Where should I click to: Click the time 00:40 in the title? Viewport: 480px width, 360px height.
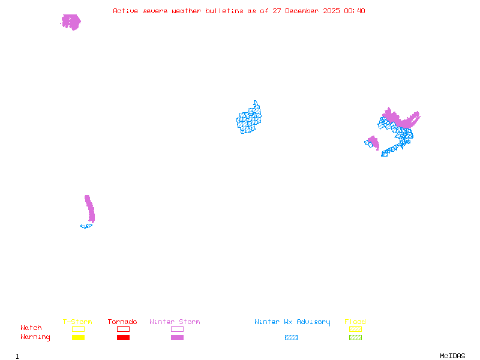tap(354, 11)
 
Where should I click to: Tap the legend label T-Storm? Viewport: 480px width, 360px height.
tap(77, 322)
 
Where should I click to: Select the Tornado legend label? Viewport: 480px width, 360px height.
tap(122, 322)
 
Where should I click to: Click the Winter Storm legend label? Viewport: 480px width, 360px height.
tap(175, 322)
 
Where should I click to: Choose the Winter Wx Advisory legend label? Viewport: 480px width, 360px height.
tap(292, 322)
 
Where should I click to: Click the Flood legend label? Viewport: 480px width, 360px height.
tap(355, 322)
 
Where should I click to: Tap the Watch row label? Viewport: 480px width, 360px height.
tap(31, 328)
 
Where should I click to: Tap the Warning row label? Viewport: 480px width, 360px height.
tap(35, 337)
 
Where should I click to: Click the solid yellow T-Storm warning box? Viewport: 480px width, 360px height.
tap(78, 338)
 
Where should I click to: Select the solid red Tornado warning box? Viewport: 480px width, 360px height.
tap(123, 338)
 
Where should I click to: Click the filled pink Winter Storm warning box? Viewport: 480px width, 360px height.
tap(177, 338)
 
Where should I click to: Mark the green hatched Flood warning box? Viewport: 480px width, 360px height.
tap(355, 338)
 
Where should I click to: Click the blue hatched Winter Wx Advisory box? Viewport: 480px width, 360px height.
tap(291, 338)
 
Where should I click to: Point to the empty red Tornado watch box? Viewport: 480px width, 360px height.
tap(123, 329)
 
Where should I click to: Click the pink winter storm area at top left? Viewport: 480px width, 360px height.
tap(71, 22)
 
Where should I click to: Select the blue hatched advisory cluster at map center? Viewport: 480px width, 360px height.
tap(249, 118)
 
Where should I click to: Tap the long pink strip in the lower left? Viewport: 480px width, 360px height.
tap(90, 209)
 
